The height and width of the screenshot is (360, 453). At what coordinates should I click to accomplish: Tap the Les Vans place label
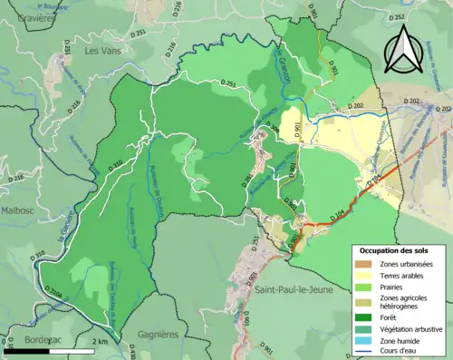(x=103, y=52)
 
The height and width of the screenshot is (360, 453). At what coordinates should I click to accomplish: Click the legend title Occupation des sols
(x=393, y=249)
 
